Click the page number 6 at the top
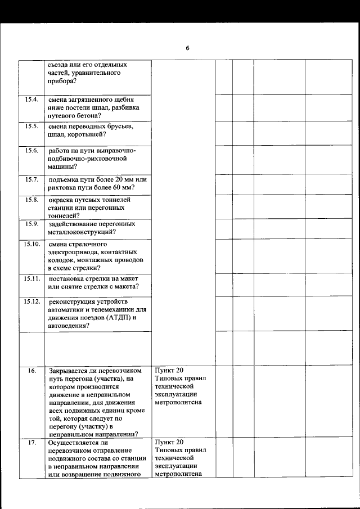point(187,48)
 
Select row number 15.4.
point(31,100)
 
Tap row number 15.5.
point(31,126)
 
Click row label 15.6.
point(31,150)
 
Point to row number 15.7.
point(31,179)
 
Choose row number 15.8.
point(31,200)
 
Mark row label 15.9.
point(31,223)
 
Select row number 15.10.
point(31,244)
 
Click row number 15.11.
point(31,278)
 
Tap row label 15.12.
point(31,301)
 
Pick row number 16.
point(32,371)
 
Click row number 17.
point(32,443)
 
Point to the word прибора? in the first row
point(62,81)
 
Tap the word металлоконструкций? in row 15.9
point(82,231)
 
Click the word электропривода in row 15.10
point(72,253)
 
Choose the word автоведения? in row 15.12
point(69,326)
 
